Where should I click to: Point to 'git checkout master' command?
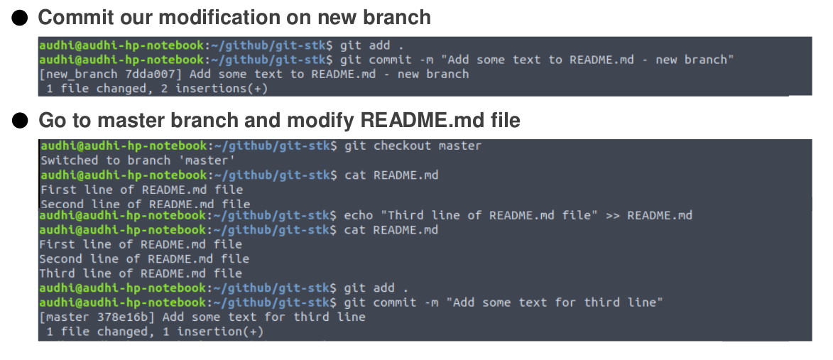413,146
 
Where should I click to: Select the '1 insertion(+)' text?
219,332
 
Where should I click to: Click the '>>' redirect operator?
612,215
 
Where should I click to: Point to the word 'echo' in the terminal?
358,215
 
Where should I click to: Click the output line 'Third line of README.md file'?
140,273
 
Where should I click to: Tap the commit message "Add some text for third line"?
554,302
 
